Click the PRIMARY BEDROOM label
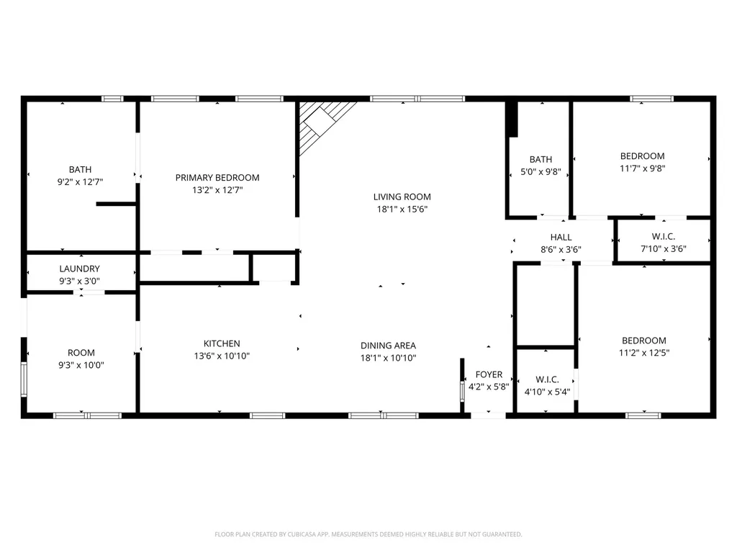[217, 178]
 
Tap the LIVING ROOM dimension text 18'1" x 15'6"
[402, 210]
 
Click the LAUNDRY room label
[79, 269]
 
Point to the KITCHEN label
[222, 343]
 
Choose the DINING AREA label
[388, 346]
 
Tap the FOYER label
[489, 374]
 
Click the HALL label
[561, 238]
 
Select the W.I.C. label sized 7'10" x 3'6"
[664, 236]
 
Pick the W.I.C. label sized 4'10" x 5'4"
[547, 379]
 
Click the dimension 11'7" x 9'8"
[643, 168]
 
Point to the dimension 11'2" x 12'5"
[644, 353]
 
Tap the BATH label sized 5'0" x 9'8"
[541, 160]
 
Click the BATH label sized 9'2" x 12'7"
[81, 170]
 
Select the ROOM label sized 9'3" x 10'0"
[81, 353]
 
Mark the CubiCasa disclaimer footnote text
[368, 534]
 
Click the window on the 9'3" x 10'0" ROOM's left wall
[24, 379]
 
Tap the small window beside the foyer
[462, 391]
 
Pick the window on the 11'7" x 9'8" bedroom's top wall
[651, 99]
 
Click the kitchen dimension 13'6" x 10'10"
[222, 356]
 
